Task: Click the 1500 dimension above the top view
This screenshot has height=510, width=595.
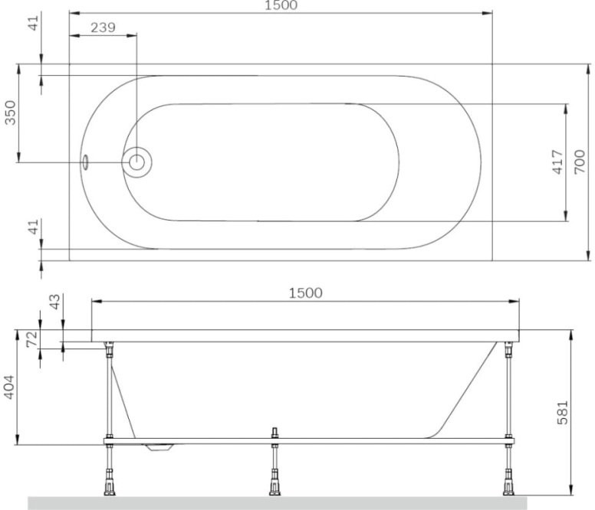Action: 281,5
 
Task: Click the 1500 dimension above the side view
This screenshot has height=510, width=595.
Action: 305,293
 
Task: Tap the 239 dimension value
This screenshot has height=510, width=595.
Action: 103,28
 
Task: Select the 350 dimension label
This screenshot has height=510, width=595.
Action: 10,113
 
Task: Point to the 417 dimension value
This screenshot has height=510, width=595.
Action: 557,162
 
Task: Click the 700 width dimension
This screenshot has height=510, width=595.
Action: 580,162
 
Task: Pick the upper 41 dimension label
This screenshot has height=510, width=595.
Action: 34,23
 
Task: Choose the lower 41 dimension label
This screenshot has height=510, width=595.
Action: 34,227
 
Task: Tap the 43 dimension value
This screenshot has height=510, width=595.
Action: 55,302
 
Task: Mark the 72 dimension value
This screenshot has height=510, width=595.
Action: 32,338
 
